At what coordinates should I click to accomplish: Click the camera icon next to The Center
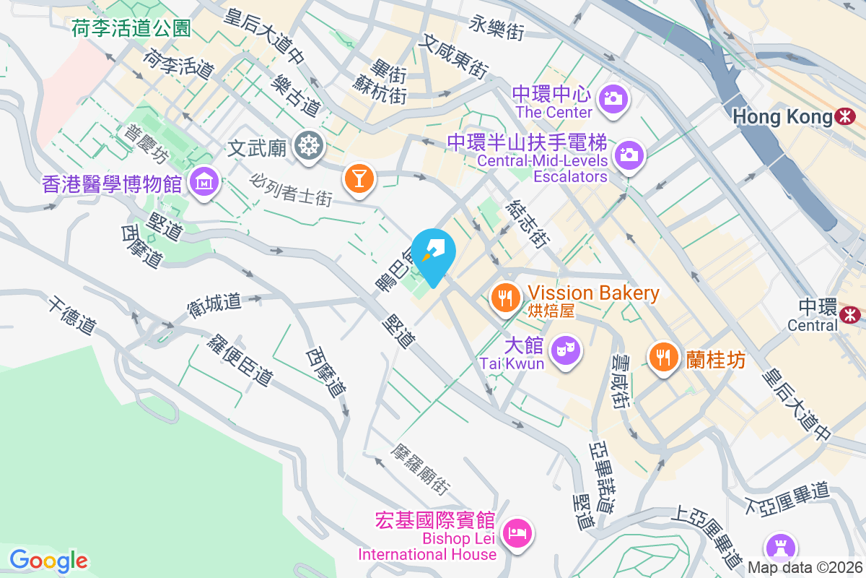click(613, 98)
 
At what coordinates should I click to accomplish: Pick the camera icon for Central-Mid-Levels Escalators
click(629, 154)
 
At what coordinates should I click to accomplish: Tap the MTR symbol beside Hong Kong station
click(844, 116)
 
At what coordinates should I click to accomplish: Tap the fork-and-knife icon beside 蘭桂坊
click(662, 356)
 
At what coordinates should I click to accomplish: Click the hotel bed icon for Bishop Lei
click(517, 535)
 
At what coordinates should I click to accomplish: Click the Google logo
click(48, 560)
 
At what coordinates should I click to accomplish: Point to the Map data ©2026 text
click(805, 567)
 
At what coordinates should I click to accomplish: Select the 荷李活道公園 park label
click(131, 28)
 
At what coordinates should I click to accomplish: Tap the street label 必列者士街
click(292, 189)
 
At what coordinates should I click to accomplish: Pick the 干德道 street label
click(72, 316)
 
